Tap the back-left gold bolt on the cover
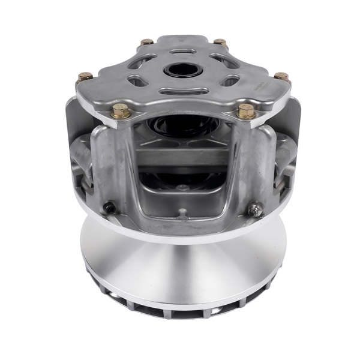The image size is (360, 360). [x=146, y=43]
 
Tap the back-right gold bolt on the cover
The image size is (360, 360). [x=221, y=43]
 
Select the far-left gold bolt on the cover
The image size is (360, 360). [x=85, y=77]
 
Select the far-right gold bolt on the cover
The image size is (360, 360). [x=281, y=76]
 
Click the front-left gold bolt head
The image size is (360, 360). [x=121, y=110]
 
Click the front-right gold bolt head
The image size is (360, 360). [x=245, y=110]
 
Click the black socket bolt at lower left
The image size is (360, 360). [x=109, y=208]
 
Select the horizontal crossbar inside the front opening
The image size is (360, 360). [x=181, y=158]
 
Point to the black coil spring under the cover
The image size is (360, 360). [x=180, y=127]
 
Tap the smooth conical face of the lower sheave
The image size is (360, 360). [x=180, y=264]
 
